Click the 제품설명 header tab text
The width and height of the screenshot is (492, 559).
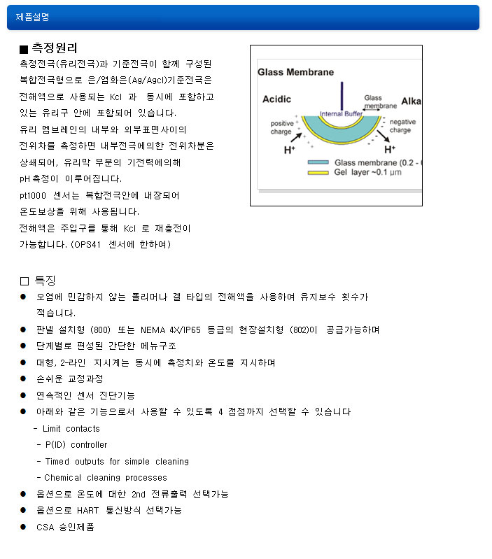point(32,17)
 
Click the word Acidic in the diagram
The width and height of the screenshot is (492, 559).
point(276,99)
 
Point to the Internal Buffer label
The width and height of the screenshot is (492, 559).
point(341,113)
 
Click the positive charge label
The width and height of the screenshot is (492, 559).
point(281,127)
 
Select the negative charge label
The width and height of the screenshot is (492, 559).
point(402,126)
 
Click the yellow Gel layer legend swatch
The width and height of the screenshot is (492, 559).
point(318,171)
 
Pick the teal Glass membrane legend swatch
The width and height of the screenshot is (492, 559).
point(318,162)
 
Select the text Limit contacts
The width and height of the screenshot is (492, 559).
point(71,429)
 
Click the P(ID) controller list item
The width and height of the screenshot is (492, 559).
point(76,445)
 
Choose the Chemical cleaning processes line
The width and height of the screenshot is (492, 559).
point(106,478)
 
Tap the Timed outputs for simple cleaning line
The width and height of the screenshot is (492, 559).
point(117,462)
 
